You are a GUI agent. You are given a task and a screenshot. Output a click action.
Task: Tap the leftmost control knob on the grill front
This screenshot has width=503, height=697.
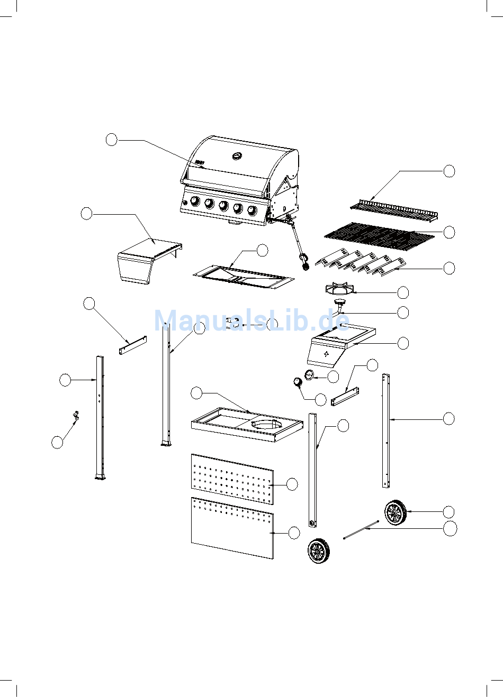[195, 201]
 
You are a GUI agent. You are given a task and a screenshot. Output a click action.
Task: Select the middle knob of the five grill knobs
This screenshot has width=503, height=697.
[224, 206]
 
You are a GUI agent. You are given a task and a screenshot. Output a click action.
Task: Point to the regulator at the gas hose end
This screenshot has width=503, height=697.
[306, 261]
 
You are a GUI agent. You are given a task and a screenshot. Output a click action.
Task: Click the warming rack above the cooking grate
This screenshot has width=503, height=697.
[394, 210]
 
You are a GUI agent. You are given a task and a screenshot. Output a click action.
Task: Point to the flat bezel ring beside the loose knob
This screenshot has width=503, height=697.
[309, 375]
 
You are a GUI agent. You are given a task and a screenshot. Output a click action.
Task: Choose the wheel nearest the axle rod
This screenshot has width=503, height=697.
[396, 512]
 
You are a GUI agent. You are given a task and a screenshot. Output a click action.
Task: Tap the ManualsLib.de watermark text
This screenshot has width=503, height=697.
[251, 320]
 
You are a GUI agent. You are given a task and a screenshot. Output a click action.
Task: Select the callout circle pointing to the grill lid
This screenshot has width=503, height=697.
[111, 140]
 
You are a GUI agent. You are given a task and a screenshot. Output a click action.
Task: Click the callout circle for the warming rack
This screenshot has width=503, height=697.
[449, 171]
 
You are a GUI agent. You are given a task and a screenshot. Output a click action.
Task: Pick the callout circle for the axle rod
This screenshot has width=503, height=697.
[450, 529]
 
